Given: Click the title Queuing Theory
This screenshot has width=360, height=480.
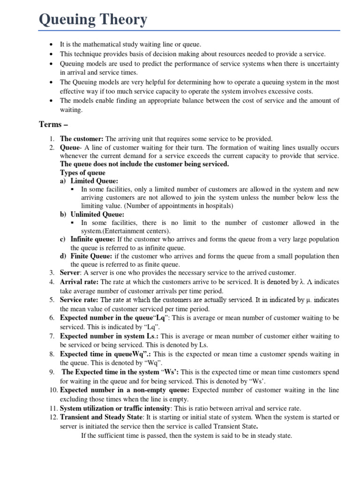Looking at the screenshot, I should pos(93,20).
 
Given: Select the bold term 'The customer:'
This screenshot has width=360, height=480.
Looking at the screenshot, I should pos(82,139).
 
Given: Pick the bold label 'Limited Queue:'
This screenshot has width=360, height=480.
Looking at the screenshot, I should pos(94,181).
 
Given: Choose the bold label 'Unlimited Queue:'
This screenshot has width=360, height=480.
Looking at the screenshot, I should pos(97,214).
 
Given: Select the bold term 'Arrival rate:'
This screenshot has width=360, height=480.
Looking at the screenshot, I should pos(80,282).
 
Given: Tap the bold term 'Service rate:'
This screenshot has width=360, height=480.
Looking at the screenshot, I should pos(80,299).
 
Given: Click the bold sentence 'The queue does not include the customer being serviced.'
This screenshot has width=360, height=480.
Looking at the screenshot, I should pos(145,164).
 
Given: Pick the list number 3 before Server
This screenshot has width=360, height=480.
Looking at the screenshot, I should pos(52,273).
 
